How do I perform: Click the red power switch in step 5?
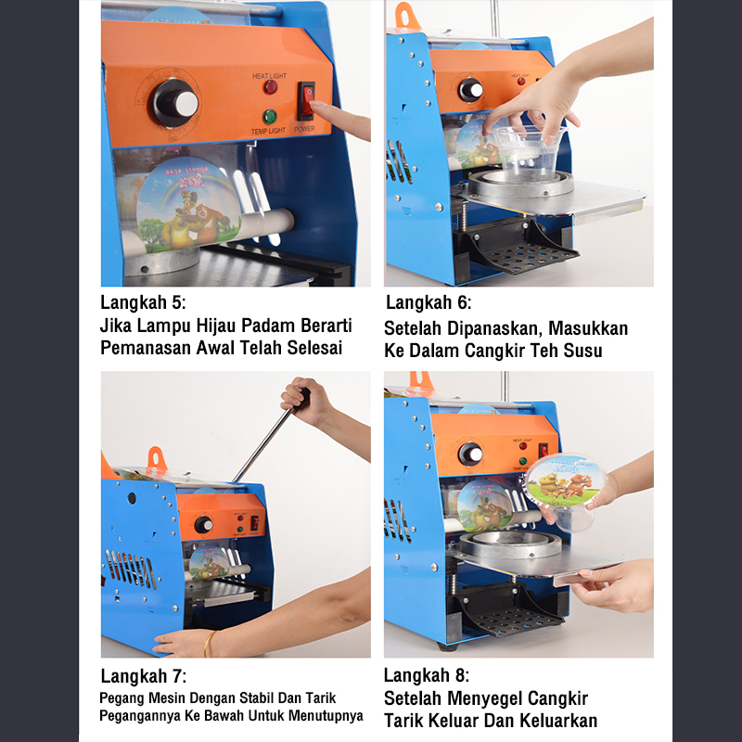306,101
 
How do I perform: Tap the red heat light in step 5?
271,87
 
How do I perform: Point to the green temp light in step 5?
270,117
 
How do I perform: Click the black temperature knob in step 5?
174,103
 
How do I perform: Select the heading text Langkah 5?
143,302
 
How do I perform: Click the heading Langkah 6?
429,302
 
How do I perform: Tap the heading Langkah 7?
144,676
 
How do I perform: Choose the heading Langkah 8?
427,675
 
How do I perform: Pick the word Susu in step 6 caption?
582,351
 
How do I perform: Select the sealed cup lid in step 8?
566,480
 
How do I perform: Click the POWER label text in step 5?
305,129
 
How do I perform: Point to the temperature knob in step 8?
470,454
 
